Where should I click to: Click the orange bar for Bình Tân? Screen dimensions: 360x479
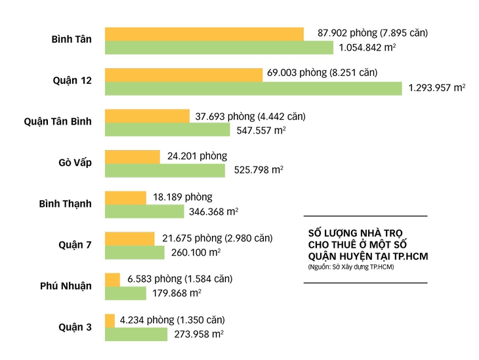[204, 34]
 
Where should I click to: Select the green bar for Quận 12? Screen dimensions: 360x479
[253, 89]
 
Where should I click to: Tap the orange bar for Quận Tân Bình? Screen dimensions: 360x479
[147, 116]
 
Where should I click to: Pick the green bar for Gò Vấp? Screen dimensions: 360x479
[165, 170]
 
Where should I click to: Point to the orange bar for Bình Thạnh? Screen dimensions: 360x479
[125, 197]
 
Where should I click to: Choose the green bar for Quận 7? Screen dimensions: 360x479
[135, 252]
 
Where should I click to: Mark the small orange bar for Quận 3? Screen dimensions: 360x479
[110, 321]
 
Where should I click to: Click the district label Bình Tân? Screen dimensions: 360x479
[71, 39]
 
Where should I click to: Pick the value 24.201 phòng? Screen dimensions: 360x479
[197, 156]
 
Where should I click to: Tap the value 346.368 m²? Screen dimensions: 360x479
[213, 211]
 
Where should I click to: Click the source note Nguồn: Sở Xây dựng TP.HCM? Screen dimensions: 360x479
[350, 268]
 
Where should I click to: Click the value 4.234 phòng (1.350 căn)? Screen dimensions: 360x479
[172, 320]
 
